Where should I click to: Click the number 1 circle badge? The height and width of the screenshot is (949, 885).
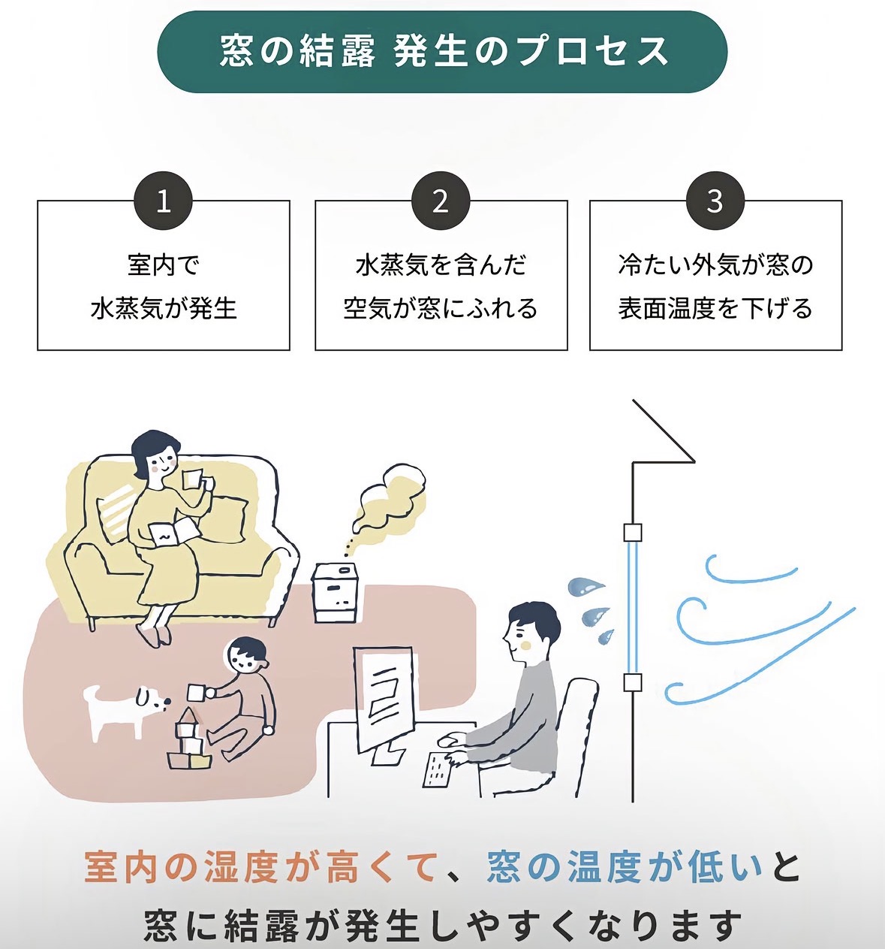163,201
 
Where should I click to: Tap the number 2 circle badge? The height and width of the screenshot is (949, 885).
441,201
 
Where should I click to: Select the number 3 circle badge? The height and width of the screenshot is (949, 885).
715,201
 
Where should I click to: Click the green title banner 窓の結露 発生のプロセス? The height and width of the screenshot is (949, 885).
442,51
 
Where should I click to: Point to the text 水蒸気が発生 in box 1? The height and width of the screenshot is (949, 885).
164,308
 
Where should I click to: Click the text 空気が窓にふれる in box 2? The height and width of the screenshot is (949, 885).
441,308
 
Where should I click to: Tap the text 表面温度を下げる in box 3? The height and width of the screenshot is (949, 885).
715,308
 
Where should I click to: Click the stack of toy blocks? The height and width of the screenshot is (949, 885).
188,740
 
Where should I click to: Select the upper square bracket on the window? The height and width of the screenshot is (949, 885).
633,532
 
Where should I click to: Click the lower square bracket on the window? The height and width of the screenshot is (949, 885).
633,682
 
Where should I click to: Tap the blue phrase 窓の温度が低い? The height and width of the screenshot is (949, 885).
625,867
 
